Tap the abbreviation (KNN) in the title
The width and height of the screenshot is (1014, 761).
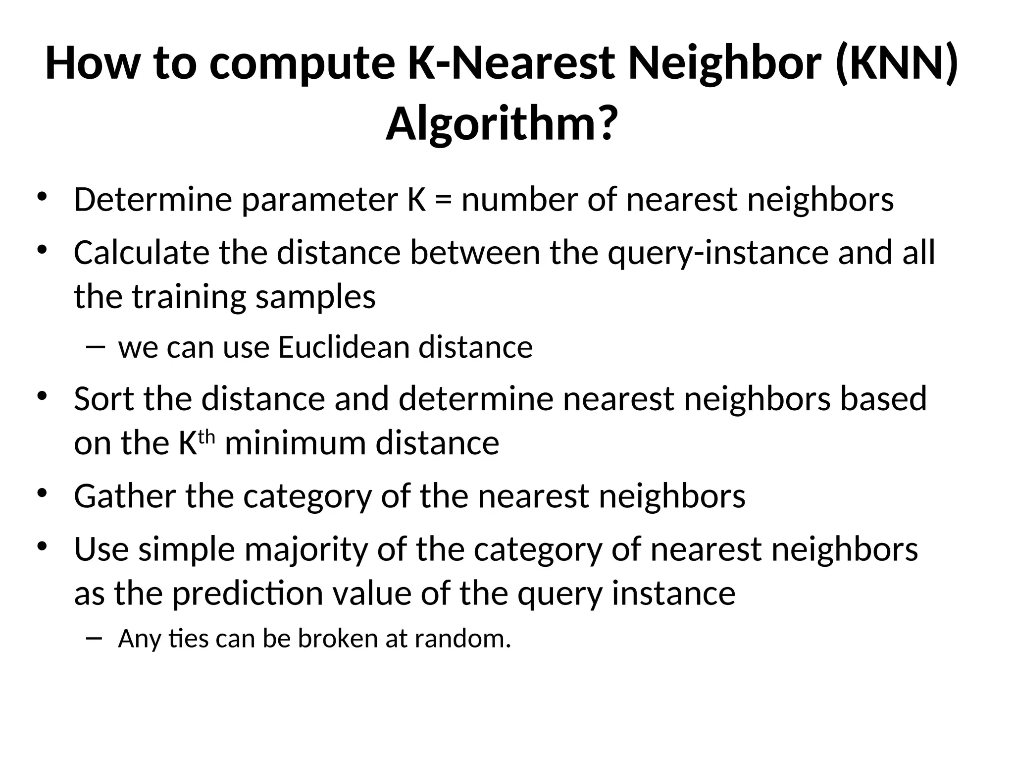[x=896, y=64]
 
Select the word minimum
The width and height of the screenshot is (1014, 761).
[x=296, y=443]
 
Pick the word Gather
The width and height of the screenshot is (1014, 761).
[x=125, y=496]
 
